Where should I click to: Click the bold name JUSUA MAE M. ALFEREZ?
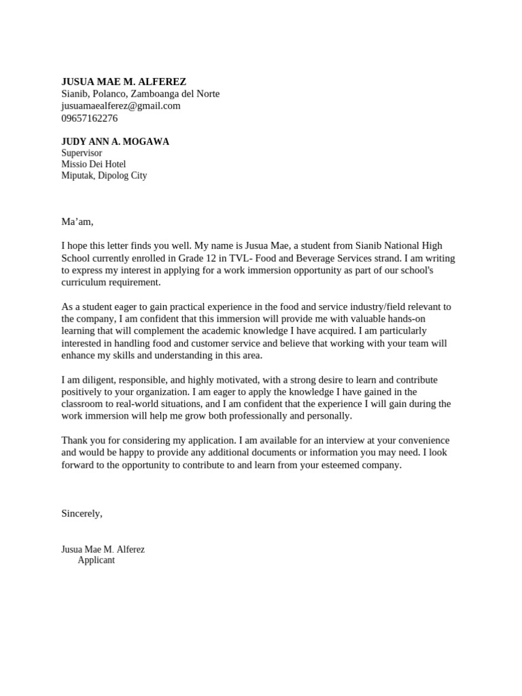(123, 82)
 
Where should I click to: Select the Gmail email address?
(120, 106)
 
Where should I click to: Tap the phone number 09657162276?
(89, 118)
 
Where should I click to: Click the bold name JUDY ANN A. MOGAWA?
(115, 142)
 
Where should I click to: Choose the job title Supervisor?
(82, 154)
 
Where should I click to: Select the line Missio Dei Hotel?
(93, 164)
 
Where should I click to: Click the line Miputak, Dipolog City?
(103, 175)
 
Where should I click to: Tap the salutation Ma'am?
(77, 222)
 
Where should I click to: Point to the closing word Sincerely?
(82, 513)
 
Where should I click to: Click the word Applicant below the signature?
(96, 561)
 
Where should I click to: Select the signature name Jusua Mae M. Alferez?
(103, 549)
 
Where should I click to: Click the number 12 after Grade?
(207, 258)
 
